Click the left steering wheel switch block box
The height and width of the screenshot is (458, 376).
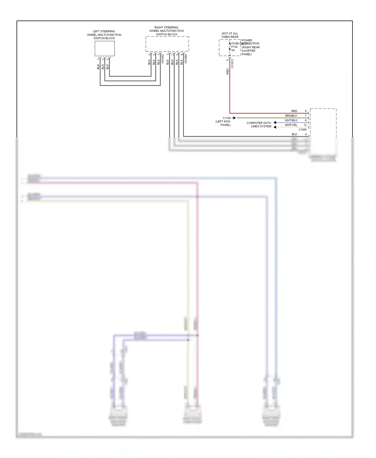coord(105,48)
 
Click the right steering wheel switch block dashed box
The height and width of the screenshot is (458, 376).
coord(167,44)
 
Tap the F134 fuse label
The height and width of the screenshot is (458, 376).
coord(234,47)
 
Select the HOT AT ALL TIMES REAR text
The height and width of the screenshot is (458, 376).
coord(230,35)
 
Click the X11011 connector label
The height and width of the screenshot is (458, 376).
coord(232,64)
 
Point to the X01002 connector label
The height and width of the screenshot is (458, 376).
coord(162,59)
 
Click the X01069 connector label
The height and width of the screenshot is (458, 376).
coord(186,59)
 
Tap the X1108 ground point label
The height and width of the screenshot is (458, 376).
coord(226,118)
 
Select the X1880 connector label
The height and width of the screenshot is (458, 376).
coord(302,130)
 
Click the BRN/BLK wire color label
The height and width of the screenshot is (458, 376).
coord(291,116)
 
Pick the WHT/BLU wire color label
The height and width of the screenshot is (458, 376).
coord(291,120)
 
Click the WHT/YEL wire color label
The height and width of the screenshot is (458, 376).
coord(291,125)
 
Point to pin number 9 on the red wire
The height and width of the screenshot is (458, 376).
coord(306,111)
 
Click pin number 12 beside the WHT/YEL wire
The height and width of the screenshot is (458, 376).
coord(305,125)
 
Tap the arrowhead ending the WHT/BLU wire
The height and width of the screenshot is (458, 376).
coord(275,123)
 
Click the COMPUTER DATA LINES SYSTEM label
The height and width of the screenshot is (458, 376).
coord(259,125)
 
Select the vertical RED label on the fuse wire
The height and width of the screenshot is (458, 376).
coord(228,71)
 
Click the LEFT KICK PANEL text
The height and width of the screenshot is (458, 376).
coord(223,123)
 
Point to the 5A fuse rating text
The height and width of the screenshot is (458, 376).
coord(233,50)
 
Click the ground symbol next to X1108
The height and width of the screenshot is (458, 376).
coord(234,118)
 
